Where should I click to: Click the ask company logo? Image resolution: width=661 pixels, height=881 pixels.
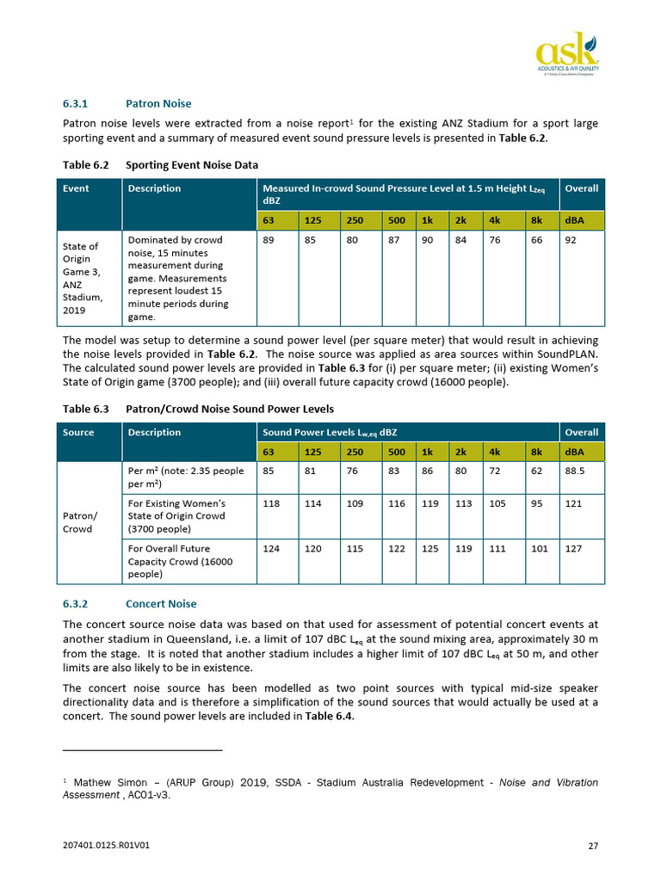click(566, 53)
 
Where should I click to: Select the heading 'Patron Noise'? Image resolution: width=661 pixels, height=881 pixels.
click(158, 104)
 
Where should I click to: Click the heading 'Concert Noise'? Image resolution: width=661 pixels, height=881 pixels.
click(162, 604)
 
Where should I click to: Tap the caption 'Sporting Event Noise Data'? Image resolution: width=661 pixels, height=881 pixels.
click(191, 164)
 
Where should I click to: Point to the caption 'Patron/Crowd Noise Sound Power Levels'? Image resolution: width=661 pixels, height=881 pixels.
click(229, 409)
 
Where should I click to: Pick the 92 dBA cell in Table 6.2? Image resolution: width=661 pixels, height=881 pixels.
click(571, 241)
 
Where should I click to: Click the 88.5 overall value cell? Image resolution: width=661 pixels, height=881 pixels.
click(575, 471)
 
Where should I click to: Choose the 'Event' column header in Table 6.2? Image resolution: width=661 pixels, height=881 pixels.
click(76, 188)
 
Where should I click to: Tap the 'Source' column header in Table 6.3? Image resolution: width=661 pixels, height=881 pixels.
click(78, 432)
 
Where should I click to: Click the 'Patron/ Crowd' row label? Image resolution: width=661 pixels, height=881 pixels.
click(78, 522)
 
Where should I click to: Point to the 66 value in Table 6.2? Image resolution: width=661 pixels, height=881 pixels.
click(536, 241)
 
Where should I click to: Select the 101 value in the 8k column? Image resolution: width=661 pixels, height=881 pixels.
click(540, 548)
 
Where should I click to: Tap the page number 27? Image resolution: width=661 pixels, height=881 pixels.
click(592, 846)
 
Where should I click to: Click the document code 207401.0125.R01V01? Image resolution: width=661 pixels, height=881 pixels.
click(107, 846)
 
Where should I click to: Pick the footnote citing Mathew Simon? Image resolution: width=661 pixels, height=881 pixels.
click(330, 788)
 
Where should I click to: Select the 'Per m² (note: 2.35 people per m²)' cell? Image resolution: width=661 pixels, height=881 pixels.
click(185, 477)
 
